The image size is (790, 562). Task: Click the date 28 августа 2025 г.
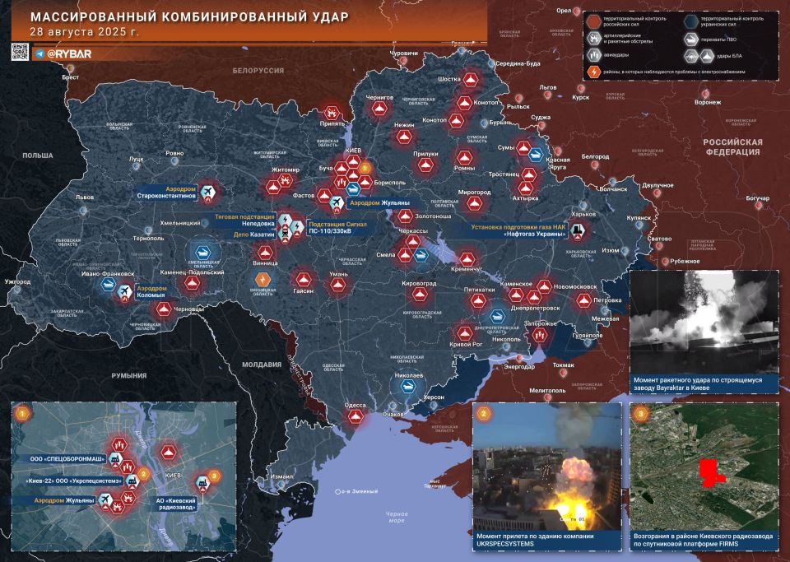(84, 33)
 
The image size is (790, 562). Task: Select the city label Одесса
(355, 405)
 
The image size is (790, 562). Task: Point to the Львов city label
(85, 197)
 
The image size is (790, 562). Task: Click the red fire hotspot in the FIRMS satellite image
(709, 471)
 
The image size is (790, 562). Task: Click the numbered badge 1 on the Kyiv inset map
(22, 413)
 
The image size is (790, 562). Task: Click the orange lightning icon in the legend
(595, 72)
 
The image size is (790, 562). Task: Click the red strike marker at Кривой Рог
(464, 333)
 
